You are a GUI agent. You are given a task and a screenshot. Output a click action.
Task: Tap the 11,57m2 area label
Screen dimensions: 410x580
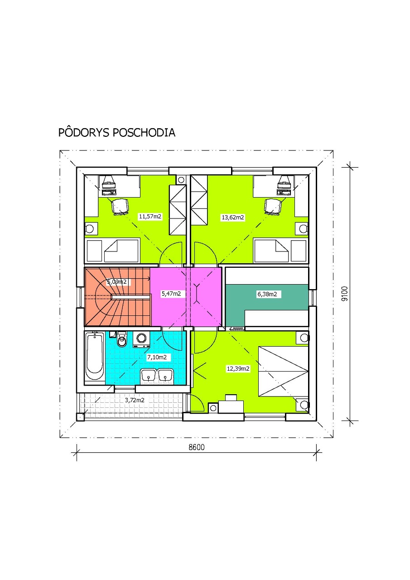(150, 216)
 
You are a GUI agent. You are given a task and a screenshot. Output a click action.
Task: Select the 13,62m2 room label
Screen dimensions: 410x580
(233, 217)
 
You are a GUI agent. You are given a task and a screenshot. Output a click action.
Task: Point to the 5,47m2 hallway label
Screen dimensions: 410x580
(171, 294)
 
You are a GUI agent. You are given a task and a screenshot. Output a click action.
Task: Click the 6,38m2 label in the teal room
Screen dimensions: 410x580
(267, 294)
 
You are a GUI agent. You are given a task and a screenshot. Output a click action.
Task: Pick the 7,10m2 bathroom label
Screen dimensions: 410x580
(157, 358)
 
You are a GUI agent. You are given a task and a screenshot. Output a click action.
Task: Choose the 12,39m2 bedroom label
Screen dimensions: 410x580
(238, 368)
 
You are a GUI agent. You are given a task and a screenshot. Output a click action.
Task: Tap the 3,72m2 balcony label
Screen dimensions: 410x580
(135, 400)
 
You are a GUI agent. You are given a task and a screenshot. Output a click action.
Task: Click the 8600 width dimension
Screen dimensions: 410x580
(197, 447)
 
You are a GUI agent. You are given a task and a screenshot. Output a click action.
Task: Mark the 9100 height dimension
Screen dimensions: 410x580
(345, 293)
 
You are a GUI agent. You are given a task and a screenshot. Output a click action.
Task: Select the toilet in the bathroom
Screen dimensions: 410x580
(121, 339)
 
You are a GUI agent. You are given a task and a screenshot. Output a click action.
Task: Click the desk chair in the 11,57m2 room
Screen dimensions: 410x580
(120, 206)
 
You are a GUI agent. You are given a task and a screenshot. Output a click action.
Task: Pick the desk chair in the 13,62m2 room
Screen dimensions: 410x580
(273, 206)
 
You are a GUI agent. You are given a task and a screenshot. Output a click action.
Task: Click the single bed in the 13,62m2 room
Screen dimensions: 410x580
(280, 251)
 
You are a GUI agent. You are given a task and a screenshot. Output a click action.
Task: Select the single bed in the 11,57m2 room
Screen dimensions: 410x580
(113, 251)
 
